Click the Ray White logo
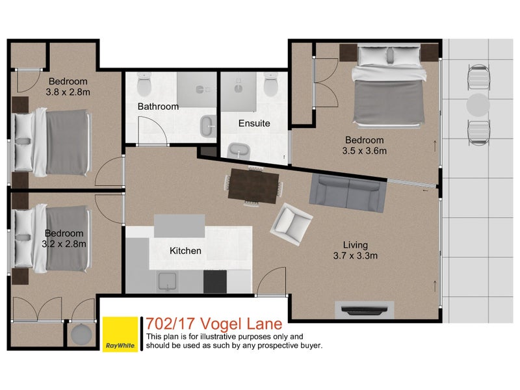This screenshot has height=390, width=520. tap(120, 335)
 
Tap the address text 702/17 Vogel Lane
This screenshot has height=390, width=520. tap(214, 323)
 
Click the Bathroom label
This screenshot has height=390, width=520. tap(157, 107)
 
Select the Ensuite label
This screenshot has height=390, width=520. tap(253, 123)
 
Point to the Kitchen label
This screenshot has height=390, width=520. tap(185, 250)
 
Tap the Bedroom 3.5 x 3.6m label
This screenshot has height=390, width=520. tap(365, 146)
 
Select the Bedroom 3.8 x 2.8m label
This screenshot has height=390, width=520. tap(68, 86)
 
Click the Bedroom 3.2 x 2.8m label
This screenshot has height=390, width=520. tap(64, 239)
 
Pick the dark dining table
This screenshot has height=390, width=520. tap(253, 186)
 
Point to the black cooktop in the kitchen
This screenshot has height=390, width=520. tap(215, 281)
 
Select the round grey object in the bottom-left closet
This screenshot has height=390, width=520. tap(83, 335)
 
